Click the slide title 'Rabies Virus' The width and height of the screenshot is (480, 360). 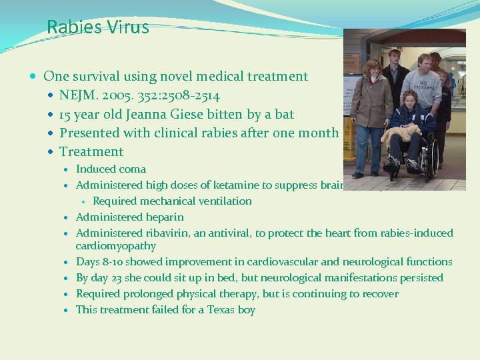tap(98, 27)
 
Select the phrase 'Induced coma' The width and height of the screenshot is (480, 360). tap(111, 169)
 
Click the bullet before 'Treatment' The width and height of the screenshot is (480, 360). tap(52, 152)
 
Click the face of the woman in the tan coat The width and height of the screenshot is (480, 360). tap(370, 69)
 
